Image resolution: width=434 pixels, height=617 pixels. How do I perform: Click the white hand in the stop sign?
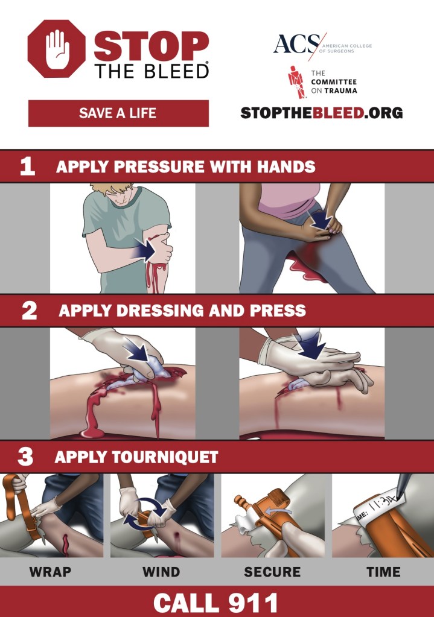click(x=57, y=49)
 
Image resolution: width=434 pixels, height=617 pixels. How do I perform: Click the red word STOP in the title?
click(x=152, y=46)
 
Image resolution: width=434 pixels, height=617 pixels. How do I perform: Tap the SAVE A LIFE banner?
click(x=118, y=113)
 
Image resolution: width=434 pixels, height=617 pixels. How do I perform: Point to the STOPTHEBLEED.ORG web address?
click(x=321, y=113)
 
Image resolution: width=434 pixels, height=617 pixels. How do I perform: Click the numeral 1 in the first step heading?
click(x=27, y=166)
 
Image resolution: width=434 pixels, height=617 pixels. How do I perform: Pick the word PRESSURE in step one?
click(x=159, y=166)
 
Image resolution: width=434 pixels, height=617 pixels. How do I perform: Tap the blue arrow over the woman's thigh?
click(x=321, y=220)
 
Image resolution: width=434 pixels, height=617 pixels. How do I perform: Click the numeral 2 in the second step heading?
click(x=29, y=311)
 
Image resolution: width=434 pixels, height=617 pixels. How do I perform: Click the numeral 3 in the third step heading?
click(x=25, y=457)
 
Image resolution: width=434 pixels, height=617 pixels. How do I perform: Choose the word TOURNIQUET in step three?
click(x=165, y=457)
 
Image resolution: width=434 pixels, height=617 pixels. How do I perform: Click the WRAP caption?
click(x=51, y=571)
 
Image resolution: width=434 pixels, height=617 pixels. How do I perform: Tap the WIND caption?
click(x=161, y=571)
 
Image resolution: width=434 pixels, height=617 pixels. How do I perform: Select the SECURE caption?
click(x=272, y=571)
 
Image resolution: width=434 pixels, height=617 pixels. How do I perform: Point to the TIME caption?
click(x=383, y=571)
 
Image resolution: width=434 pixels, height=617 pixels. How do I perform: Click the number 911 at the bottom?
click(x=253, y=603)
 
